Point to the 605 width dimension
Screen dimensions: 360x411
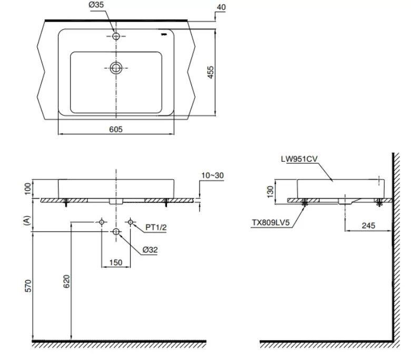[x=116, y=129]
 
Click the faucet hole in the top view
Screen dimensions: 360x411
[x=116, y=36]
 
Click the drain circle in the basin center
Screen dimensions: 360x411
[x=116, y=67]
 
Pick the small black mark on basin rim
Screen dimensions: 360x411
[x=164, y=35]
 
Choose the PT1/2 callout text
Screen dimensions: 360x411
[x=156, y=227]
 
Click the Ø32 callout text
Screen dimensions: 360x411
[x=149, y=250]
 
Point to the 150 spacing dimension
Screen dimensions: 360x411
[x=116, y=262]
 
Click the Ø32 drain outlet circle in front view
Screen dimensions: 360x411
[x=116, y=232]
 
